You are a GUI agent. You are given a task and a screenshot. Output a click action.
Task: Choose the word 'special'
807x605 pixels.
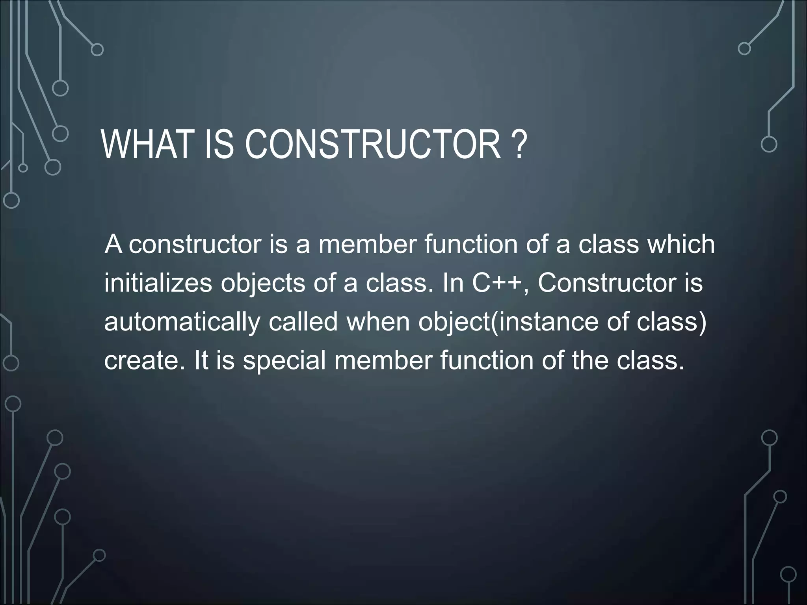click(284, 361)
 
